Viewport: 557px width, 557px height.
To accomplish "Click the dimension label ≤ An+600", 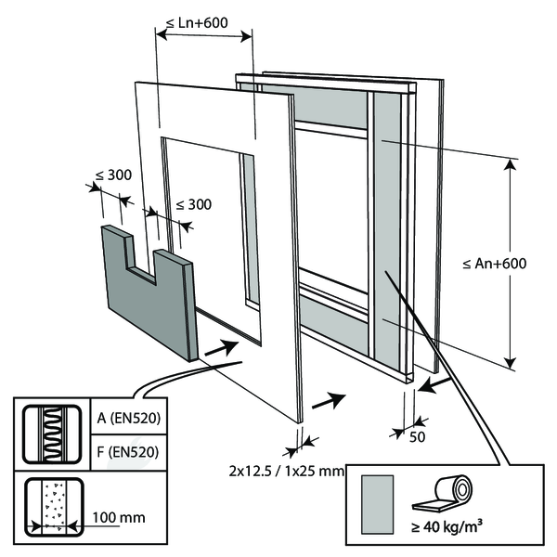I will point(494,264).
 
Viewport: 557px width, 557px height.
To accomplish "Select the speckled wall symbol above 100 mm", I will point(53,507).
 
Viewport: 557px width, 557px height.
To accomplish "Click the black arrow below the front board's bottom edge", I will point(330,401).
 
